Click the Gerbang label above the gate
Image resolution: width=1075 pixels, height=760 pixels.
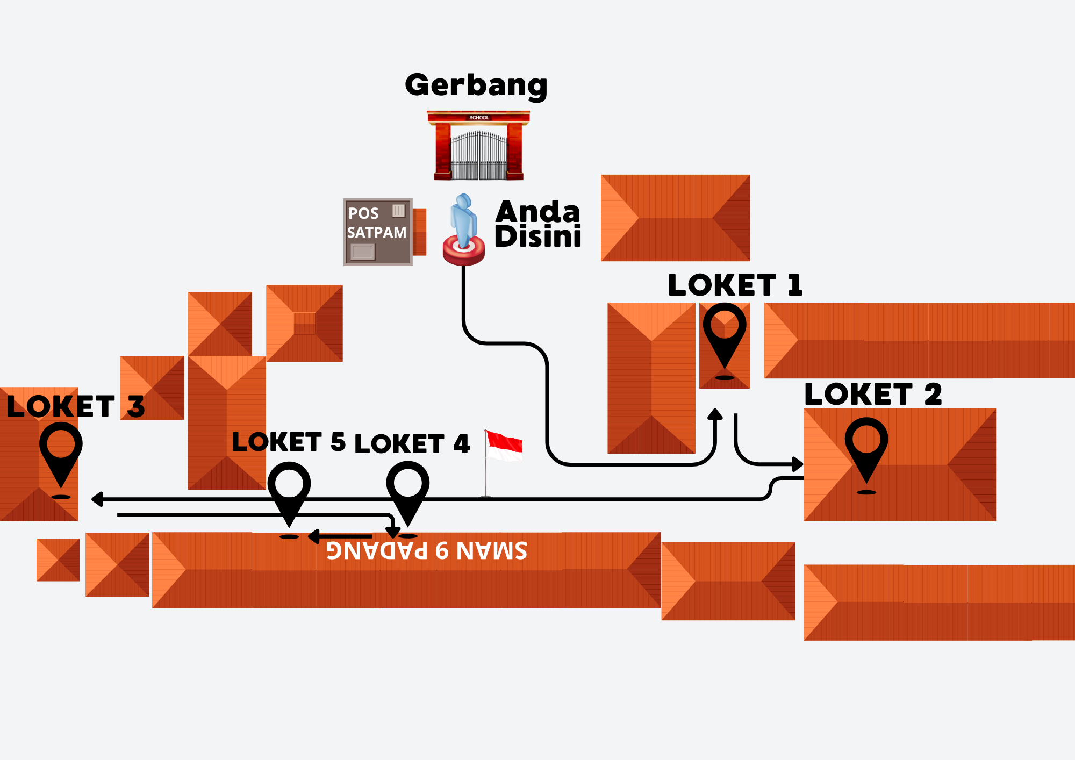[476, 85]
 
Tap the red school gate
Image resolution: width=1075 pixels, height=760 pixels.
[478, 146]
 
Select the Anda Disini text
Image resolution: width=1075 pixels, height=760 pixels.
[537, 224]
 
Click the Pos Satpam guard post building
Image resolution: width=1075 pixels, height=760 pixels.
[378, 232]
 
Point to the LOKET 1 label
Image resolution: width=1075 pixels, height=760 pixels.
[735, 285]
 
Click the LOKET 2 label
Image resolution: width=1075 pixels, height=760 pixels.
[873, 395]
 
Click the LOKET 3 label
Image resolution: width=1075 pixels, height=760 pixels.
[76, 406]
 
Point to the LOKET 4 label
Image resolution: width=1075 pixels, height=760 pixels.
[412, 444]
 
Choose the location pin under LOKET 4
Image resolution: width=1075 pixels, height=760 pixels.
[407, 491]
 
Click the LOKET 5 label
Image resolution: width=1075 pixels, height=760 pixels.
[288, 442]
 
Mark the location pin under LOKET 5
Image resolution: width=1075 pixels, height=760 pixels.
[289, 492]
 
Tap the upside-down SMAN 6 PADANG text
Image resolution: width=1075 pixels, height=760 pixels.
[427, 550]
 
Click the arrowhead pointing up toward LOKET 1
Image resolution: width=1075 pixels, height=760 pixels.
[715, 414]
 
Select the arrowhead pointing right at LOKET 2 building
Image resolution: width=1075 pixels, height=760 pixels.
[797, 464]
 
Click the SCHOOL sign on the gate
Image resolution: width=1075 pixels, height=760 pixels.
[479, 117]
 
